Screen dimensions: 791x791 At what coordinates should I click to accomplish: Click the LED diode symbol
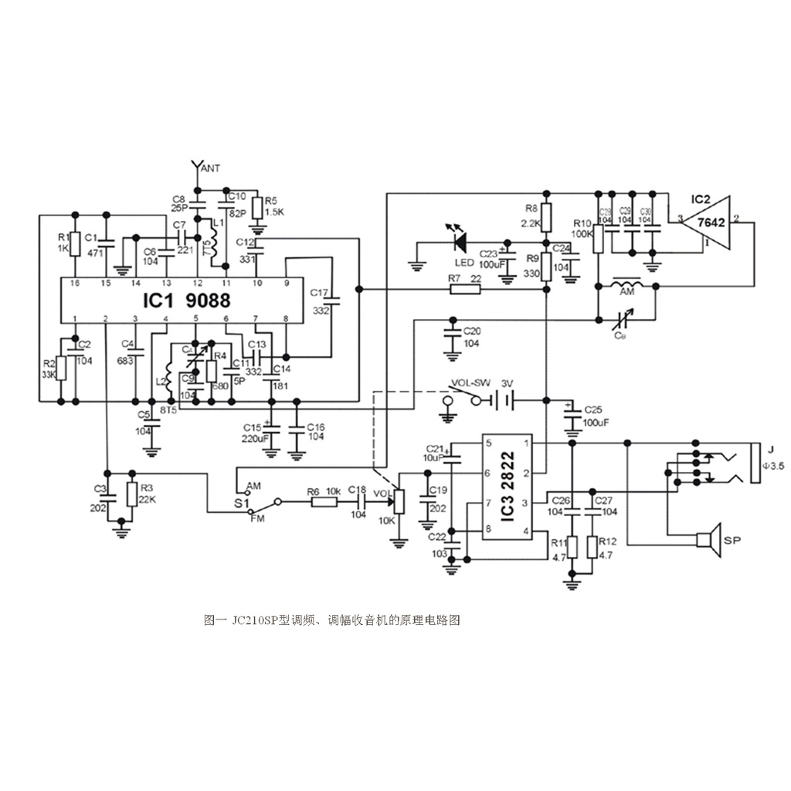click(459, 243)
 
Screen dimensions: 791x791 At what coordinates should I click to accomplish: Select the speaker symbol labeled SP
click(708, 540)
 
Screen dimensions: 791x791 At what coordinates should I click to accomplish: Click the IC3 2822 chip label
click(507, 487)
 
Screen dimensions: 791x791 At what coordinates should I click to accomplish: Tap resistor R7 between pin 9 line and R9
click(465, 290)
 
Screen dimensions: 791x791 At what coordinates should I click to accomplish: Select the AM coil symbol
click(626, 287)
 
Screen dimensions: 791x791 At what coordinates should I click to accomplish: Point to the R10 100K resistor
click(598, 239)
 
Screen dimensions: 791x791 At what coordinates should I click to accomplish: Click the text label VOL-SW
click(470, 382)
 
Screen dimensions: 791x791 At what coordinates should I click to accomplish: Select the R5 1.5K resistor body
click(258, 208)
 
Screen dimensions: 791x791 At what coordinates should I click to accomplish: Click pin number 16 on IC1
click(75, 283)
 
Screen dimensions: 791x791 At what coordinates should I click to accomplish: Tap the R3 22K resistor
click(130, 494)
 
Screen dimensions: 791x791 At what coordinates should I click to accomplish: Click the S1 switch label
click(240, 501)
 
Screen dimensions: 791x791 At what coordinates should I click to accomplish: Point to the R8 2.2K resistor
click(546, 216)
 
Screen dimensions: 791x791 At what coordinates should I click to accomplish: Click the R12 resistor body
click(592, 546)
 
